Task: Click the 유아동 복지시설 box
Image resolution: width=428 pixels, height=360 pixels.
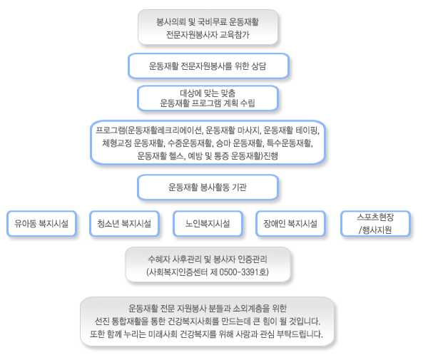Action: tap(41, 223)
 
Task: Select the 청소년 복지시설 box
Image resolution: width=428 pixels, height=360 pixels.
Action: tap(124, 223)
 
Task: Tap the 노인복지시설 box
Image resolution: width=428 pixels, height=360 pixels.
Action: tap(208, 223)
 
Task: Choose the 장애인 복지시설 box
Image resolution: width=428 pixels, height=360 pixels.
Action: tap(290, 223)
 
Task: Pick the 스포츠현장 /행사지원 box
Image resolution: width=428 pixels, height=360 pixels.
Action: tap(375, 223)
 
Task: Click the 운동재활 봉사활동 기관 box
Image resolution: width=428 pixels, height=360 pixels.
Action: tap(208, 187)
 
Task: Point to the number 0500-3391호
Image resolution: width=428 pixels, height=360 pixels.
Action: tap(244, 272)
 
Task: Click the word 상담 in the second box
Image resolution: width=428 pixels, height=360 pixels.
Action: tap(258, 66)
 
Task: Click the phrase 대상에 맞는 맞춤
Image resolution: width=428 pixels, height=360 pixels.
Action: tap(208, 93)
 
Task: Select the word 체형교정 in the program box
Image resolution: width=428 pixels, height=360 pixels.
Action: tap(117, 143)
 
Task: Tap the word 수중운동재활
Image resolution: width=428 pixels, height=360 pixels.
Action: tap(190, 143)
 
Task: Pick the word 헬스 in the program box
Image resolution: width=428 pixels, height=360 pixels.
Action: tap(178, 155)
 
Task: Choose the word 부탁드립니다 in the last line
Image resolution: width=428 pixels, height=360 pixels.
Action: tap(300, 334)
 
